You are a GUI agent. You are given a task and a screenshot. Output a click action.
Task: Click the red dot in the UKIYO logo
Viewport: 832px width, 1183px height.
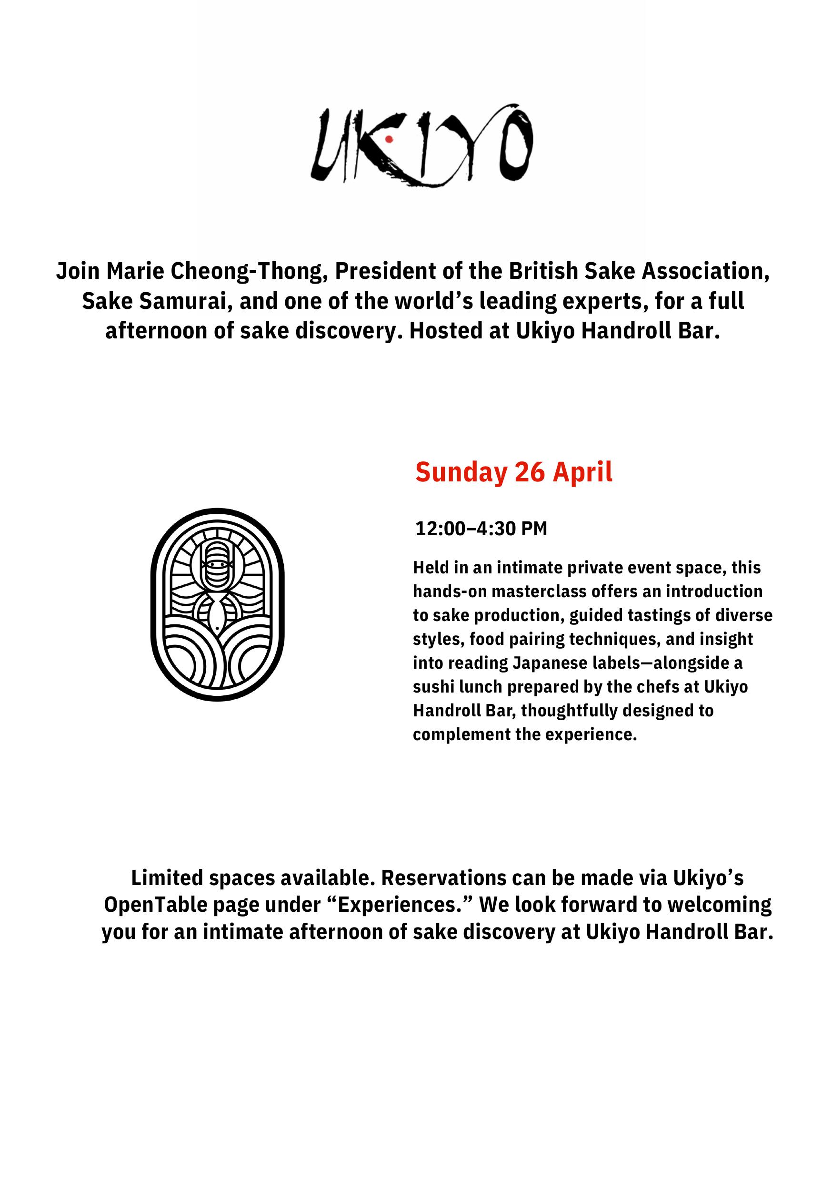click(389, 139)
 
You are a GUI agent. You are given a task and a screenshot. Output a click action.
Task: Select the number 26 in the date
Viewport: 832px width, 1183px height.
click(530, 472)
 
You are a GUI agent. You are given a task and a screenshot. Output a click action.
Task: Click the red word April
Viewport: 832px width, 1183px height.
click(582, 472)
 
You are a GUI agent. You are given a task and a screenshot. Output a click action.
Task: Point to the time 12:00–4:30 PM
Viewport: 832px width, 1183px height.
click(481, 529)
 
